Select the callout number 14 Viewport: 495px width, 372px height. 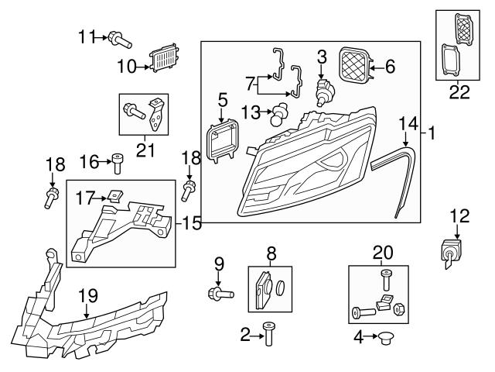point(407,122)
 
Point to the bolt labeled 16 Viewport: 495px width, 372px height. point(118,164)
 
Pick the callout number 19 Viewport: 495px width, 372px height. point(88,294)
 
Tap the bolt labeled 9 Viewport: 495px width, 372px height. point(219,293)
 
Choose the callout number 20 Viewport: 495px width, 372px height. point(382,252)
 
